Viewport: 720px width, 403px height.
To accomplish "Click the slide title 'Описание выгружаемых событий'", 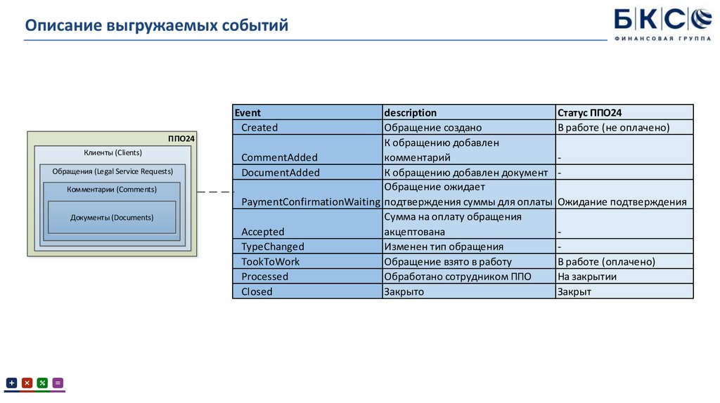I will tap(157, 26).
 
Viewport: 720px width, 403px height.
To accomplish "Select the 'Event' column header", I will tap(247, 112).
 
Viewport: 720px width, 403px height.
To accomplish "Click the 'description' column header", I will tap(411, 112).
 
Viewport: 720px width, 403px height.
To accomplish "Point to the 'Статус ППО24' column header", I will tap(589, 112).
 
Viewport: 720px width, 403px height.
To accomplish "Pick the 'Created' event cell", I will tap(259, 128).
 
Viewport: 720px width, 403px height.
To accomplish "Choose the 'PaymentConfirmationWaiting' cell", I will tap(307, 202).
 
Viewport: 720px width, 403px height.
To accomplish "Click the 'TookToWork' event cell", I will tap(271, 262).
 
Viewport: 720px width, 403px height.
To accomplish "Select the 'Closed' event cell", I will tap(257, 291).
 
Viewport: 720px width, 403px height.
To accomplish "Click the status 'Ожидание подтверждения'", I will tap(622, 202).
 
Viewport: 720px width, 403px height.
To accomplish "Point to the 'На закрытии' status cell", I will tap(587, 277).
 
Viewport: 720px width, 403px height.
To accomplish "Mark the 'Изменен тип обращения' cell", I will tap(444, 247).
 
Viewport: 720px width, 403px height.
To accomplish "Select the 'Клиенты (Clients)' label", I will tap(112, 153).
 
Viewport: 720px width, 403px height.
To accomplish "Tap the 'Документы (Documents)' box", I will tap(112, 218).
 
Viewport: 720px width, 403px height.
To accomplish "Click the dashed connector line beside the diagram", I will tap(214, 192).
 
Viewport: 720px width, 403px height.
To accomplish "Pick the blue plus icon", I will tap(12, 383).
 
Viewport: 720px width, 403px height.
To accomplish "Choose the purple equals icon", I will tap(58, 383).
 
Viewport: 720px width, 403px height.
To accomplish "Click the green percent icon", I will tap(42, 383).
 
